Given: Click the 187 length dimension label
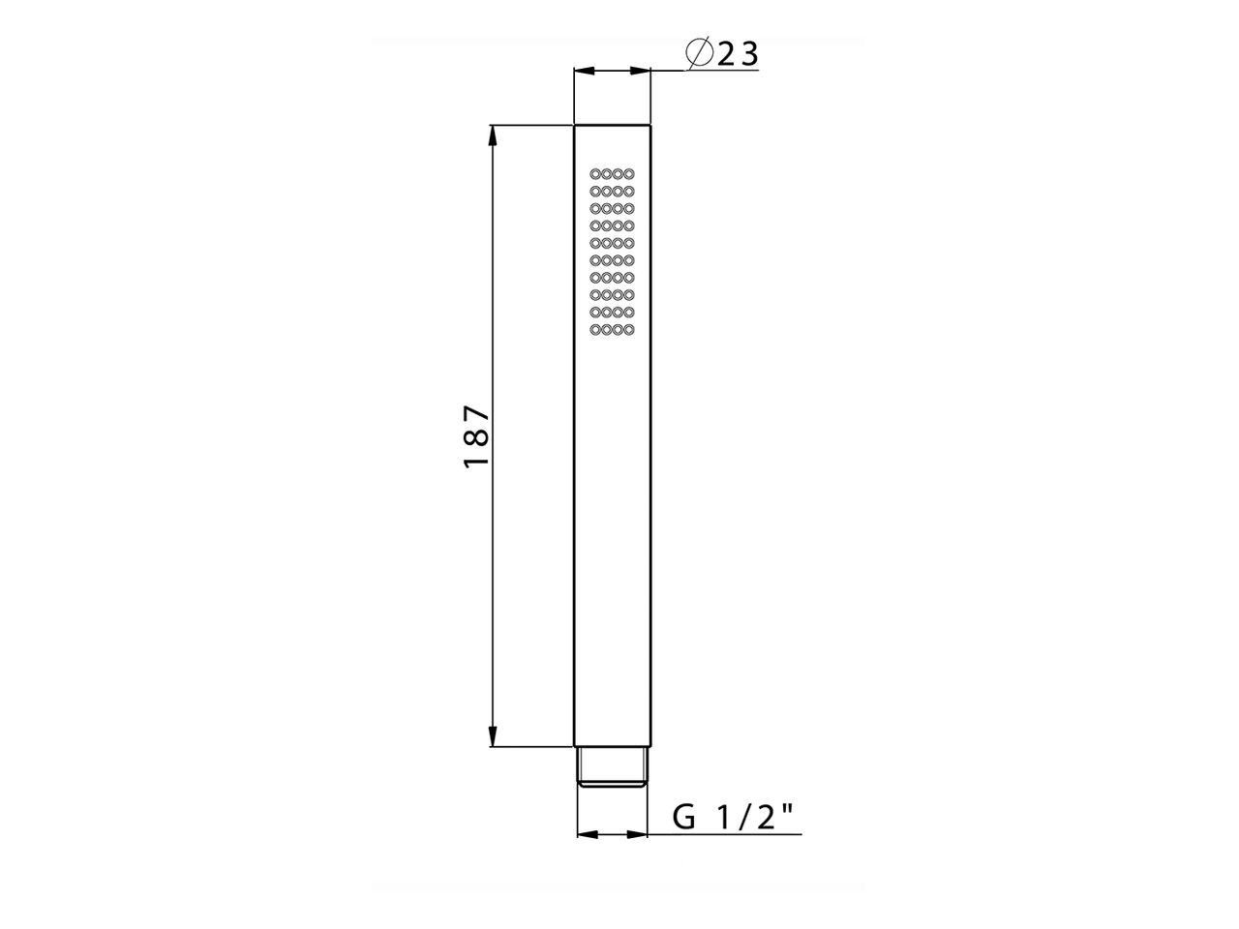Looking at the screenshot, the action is [x=476, y=435].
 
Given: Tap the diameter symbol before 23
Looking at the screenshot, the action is [x=700, y=54].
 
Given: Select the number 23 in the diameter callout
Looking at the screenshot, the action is [x=738, y=55].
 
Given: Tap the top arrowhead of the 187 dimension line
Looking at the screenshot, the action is [x=493, y=136].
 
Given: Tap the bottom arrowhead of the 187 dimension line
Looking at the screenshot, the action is [x=493, y=735].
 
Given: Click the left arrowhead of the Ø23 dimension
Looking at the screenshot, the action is [x=585, y=71].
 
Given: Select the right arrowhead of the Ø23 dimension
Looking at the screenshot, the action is [x=640, y=71].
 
